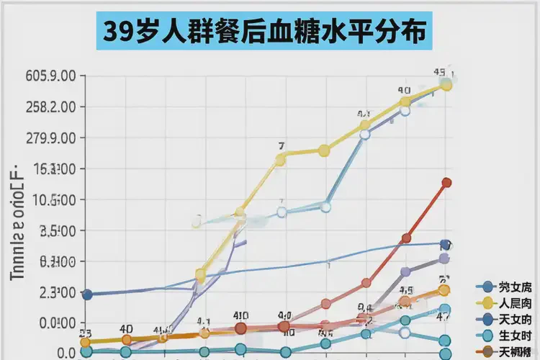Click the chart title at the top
[x=264, y=31]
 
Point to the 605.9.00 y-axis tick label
[x=50, y=76]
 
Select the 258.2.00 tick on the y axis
[x=50, y=107]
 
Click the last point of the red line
[x=446, y=183]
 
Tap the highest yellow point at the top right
[x=446, y=85]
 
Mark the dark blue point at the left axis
[x=87, y=294]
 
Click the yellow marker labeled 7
[x=281, y=159]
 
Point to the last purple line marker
[x=444, y=258]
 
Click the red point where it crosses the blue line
[x=406, y=238]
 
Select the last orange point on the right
[x=444, y=290]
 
